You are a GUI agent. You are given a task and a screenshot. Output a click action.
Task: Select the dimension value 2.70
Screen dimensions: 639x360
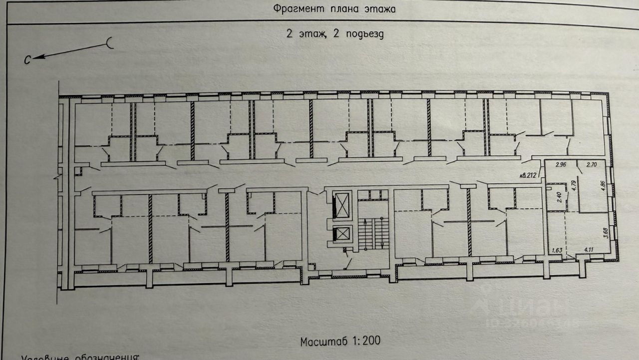click(x=591, y=164)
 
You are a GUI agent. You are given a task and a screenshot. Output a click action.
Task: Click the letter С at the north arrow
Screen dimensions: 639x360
click(x=28, y=60)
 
